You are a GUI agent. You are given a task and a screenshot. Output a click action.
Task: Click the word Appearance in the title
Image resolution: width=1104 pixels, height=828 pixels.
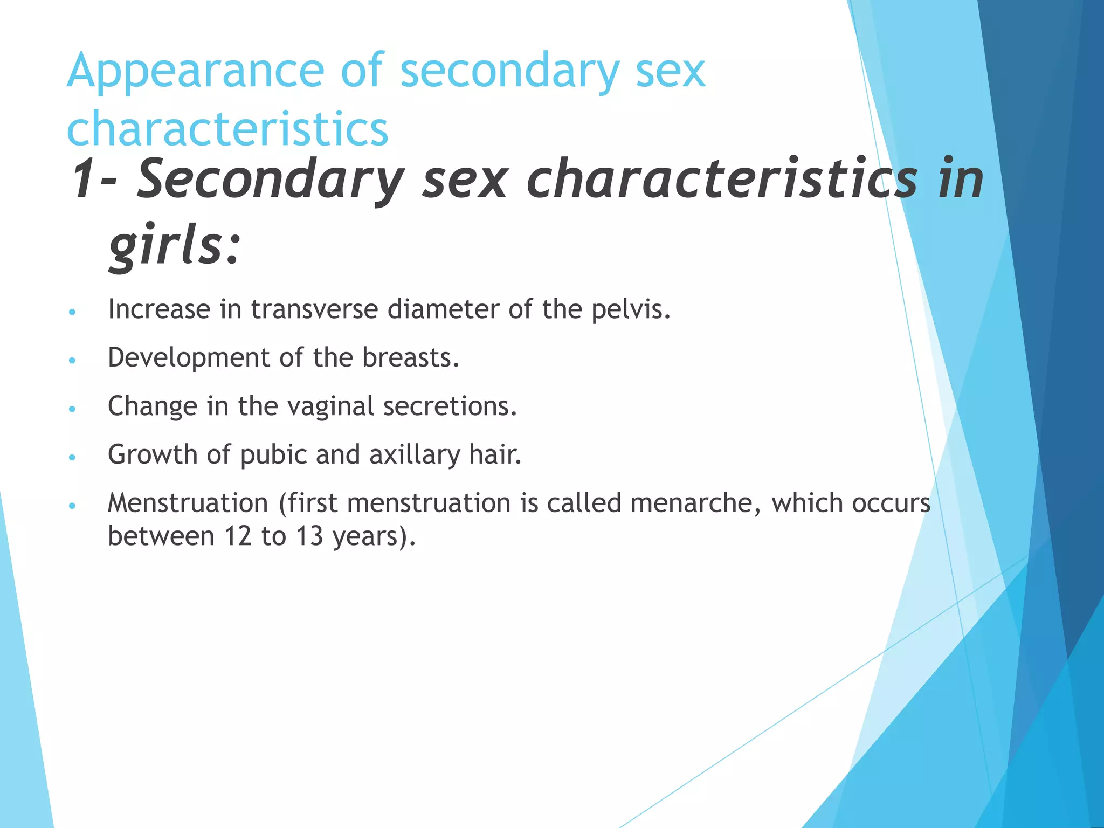pos(195,72)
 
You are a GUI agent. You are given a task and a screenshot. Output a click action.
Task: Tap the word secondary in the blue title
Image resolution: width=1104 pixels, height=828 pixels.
pos(510,72)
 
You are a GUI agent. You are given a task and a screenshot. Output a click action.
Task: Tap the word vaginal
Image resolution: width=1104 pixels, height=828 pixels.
pos(330,407)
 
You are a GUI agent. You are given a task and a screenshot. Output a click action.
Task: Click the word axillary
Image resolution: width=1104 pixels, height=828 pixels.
pos(415,455)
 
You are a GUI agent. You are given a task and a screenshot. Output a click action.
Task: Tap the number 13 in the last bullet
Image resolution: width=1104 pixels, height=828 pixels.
pos(309,536)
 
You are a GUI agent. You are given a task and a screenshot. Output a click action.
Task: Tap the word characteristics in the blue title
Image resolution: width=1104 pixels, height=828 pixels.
pos(227,129)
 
